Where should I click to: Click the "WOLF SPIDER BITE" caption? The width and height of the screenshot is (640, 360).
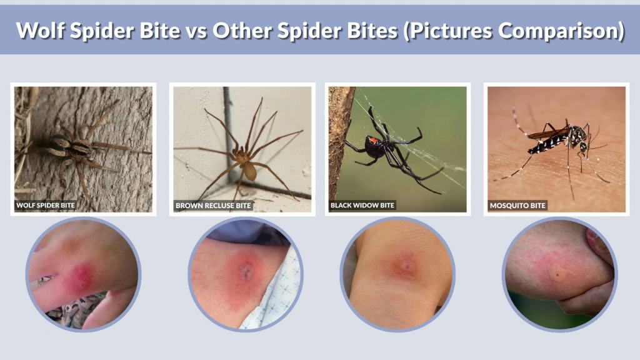point(46,205)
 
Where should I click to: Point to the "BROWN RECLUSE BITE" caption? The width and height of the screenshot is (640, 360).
point(213,205)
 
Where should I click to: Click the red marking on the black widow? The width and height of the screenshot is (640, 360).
point(374,139)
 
